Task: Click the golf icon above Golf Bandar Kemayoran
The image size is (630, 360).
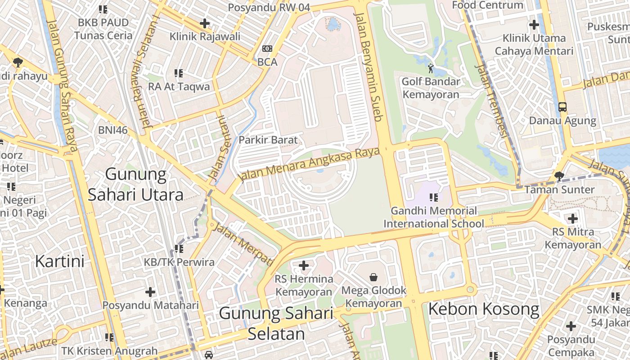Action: (x=431, y=68)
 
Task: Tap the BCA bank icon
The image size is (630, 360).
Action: (x=267, y=49)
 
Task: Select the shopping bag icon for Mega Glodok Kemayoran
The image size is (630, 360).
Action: (x=373, y=277)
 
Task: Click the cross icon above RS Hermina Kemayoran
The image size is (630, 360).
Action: (x=304, y=265)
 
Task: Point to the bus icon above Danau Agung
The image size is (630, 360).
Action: (x=562, y=107)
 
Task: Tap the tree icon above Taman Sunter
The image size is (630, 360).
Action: (x=559, y=176)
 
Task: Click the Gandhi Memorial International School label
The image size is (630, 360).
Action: (x=433, y=217)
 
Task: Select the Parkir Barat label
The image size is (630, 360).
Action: (x=268, y=140)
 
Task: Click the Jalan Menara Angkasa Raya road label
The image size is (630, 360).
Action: (x=310, y=164)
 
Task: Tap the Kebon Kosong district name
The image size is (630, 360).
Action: (x=483, y=309)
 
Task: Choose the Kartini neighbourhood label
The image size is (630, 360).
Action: (x=59, y=261)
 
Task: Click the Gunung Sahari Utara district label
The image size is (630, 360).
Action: (x=135, y=184)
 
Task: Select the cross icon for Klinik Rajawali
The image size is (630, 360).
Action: (x=205, y=23)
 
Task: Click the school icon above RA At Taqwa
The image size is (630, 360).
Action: (x=179, y=73)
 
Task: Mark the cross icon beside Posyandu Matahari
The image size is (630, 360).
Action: (x=150, y=292)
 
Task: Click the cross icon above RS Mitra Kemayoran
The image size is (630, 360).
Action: (x=572, y=219)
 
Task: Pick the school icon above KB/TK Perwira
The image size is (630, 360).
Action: (x=179, y=248)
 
